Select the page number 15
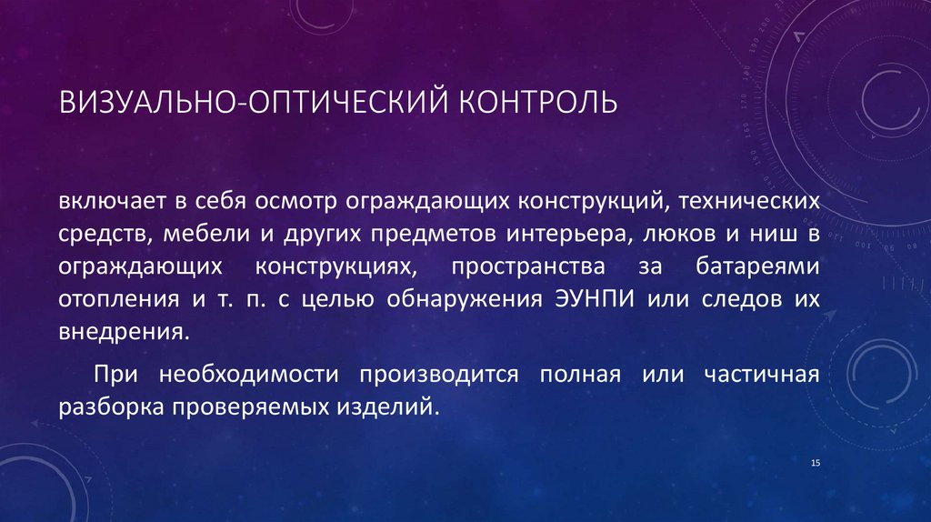click(815, 465)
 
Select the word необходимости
click(248, 375)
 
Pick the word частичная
click(753, 375)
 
